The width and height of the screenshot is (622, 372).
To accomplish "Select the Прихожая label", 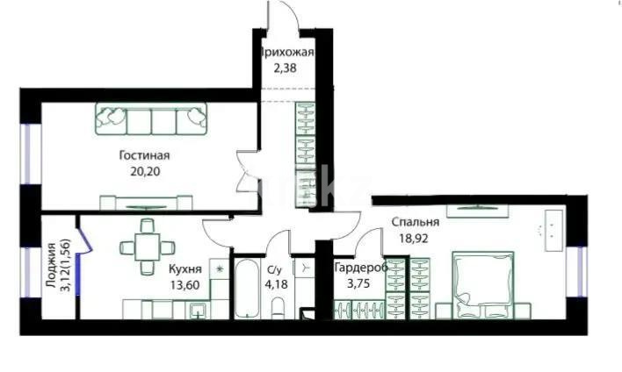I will [x=286, y=52].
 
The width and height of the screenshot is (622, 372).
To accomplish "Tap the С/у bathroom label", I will [x=275, y=269].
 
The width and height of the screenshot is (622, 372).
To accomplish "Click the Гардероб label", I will [x=360, y=268].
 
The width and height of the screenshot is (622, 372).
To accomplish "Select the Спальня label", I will [x=415, y=222].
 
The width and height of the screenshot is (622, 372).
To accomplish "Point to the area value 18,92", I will [x=415, y=237].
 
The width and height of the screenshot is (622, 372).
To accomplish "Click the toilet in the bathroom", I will [x=278, y=308].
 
